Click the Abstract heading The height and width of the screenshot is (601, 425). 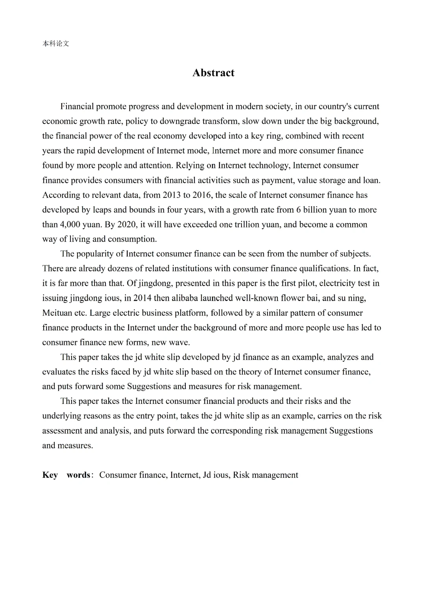pos(213,73)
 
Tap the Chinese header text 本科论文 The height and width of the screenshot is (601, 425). pos(55,44)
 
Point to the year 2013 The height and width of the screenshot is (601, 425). pos(171,195)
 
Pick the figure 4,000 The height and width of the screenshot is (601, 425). pos(70,225)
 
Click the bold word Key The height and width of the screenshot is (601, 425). pos(50,475)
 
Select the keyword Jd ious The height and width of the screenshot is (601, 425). pos(216,475)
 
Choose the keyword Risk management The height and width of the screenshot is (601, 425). pos(265,475)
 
